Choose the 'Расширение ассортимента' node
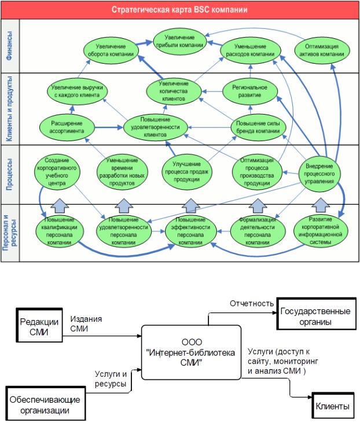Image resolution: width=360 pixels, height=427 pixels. coord(63,127)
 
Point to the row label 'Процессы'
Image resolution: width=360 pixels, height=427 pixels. coord(10,174)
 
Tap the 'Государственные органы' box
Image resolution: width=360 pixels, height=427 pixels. coord(315,315)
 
